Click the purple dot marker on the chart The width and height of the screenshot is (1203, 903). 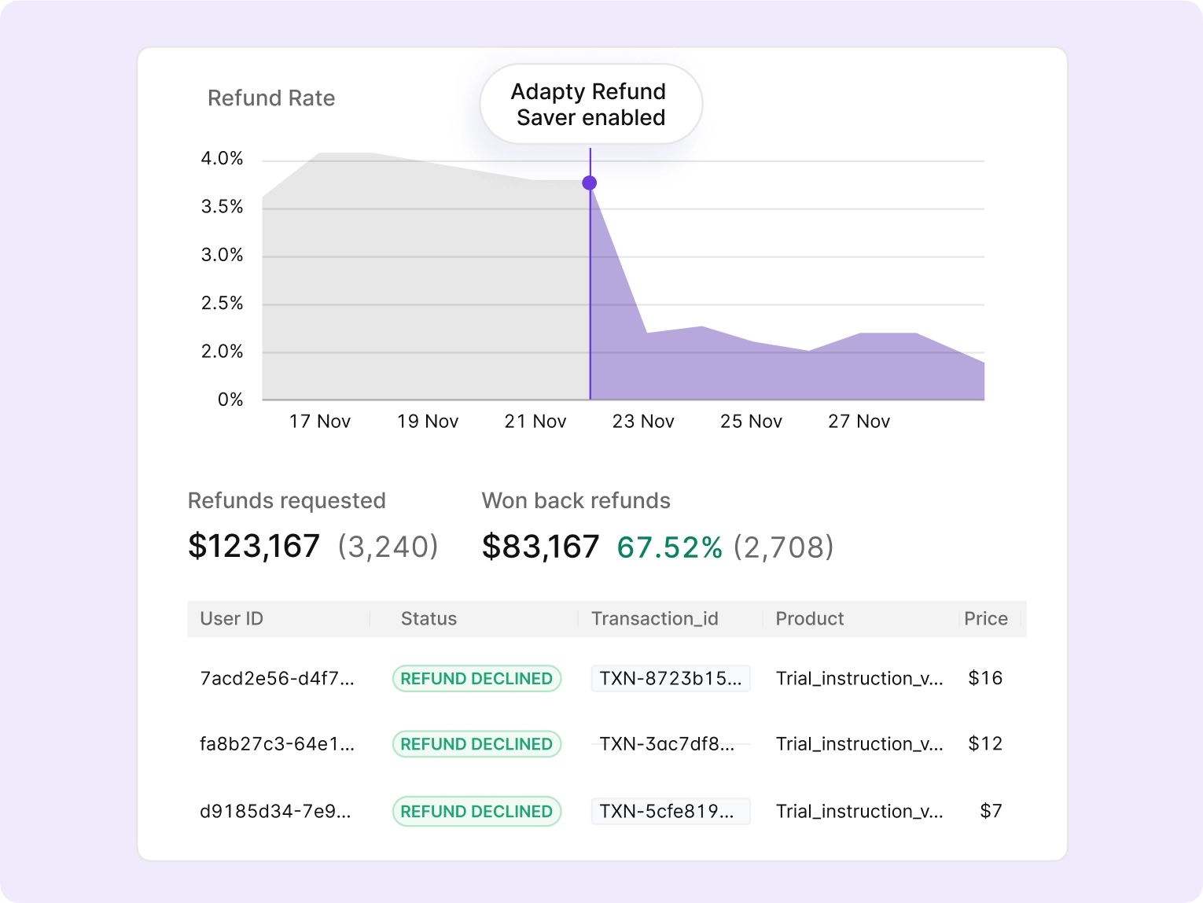590,183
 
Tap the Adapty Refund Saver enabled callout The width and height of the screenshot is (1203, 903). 590,105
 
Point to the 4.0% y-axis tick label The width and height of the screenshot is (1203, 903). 222,159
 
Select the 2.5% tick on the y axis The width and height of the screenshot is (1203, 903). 222,304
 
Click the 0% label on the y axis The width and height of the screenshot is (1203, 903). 230,400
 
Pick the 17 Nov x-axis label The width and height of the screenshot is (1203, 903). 320,422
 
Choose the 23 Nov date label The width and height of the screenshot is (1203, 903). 643,422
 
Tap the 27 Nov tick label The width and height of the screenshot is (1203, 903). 859,422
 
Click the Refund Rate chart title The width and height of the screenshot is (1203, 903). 271,98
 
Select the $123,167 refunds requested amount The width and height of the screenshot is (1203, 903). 254,546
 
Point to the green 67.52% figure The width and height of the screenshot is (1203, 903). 669,547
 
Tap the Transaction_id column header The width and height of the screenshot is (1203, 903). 655,619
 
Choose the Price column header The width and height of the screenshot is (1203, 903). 986,619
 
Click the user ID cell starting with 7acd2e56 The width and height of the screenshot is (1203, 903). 277,679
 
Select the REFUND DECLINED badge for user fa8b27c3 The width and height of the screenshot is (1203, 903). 476,744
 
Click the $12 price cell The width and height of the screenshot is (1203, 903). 985,744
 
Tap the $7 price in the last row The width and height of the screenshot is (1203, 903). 991,812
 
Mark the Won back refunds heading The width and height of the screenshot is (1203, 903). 576,501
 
